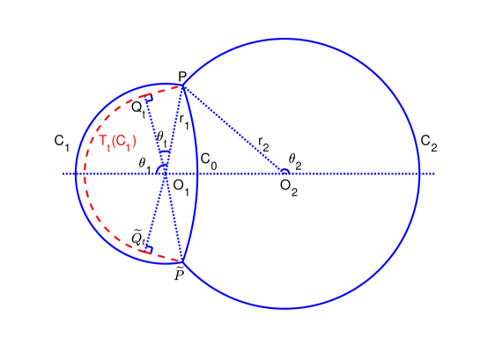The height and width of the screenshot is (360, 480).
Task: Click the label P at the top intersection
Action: tap(182, 77)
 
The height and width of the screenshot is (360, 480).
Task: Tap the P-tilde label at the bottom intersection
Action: tap(181, 275)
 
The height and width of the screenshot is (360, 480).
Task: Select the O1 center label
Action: tap(181, 185)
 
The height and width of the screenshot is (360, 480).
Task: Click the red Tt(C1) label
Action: tap(117, 142)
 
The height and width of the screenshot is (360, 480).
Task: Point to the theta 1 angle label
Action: tap(144, 162)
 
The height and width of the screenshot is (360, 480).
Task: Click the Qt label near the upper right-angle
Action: tap(138, 108)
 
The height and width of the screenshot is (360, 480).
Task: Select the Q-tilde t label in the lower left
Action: tap(137, 238)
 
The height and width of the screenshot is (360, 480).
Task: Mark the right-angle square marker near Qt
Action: tap(148, 99)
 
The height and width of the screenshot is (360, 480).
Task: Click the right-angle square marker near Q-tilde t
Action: tap(149, 250)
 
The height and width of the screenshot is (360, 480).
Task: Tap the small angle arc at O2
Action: tap(284, 172)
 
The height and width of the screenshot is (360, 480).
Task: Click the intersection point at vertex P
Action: tap(182, 85)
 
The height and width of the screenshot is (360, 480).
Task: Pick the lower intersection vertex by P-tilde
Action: tap(182, 262)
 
